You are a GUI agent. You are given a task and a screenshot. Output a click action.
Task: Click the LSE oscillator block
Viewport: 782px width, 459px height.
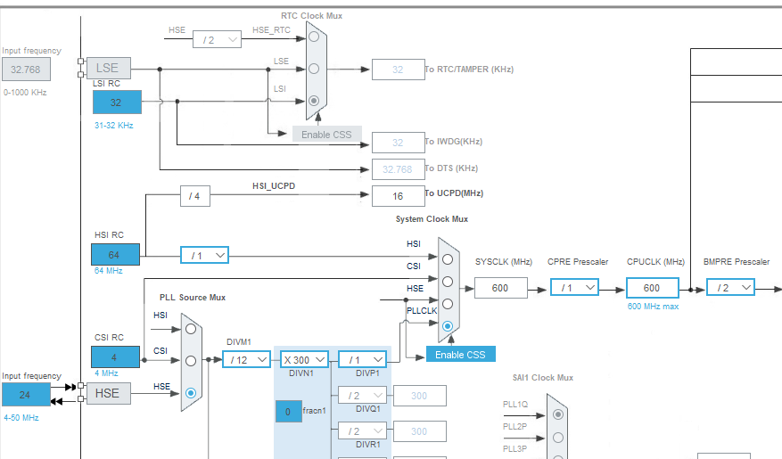coord(108,68)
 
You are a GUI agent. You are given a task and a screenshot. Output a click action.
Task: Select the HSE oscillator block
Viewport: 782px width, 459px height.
coord(108,393)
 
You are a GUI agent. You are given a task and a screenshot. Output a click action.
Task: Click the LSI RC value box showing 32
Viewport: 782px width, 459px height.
coord(116,102)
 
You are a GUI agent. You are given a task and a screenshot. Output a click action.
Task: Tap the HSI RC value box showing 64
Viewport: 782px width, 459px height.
coord(116,255)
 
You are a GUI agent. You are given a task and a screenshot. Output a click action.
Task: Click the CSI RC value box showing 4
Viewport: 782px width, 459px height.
coord(116,357)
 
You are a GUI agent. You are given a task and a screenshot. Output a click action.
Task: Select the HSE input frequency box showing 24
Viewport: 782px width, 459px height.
coord(26,394)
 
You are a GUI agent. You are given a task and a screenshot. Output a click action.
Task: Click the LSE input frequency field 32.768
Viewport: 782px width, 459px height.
coord(26,69)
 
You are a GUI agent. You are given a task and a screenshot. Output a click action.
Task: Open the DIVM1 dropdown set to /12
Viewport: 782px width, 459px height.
coord(246,359)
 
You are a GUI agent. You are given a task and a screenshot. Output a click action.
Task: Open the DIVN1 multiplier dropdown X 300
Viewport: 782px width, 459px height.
coord(303,359)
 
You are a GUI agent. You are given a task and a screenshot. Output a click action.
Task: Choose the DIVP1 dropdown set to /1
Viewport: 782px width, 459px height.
coord(362,359)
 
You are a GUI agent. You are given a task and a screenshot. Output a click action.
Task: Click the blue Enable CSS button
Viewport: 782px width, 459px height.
coord(460,354)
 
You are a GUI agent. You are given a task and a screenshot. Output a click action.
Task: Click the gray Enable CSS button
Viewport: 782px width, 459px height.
coord(326,135)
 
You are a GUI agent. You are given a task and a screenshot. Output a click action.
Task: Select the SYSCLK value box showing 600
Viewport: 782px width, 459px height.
coord(500,288)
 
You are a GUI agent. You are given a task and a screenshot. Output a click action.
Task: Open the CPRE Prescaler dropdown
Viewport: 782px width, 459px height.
coord(575,288)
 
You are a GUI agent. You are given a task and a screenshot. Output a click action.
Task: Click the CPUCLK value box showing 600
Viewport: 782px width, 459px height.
coord(652,288)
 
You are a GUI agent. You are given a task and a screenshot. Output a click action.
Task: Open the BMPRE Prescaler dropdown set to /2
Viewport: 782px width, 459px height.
coord(730,288)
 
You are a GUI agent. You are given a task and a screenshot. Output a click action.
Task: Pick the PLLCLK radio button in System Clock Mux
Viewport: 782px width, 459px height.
coord(448,326)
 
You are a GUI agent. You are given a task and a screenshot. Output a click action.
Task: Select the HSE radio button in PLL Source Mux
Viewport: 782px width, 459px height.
coord(190,392)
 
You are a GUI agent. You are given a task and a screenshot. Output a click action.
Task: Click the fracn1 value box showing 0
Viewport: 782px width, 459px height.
coord(287,412)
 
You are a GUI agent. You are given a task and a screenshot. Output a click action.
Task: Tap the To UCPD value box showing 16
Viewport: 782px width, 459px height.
coord(398,196)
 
